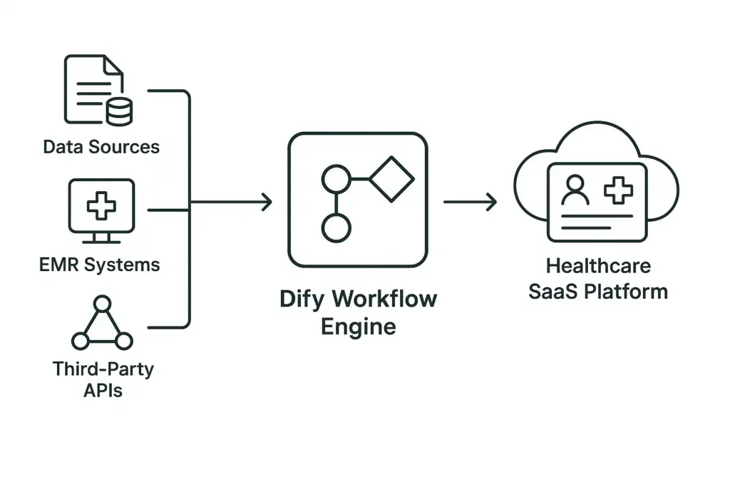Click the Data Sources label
click(101, 147)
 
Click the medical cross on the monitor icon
click(101, 205)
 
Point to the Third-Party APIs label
click(103, 380)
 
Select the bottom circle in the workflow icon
click(336, 229)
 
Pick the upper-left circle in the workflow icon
click(336, 178)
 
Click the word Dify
click(300, 299)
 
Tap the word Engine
click(357, 327)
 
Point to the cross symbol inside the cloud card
click(618, 190)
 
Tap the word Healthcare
click(598, 266)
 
